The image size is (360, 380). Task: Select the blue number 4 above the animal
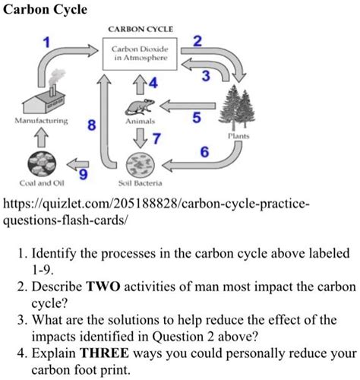[x=155, y=83]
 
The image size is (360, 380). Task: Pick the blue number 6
[x=204, y=151]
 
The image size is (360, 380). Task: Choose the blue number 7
[x=156, y=138]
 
